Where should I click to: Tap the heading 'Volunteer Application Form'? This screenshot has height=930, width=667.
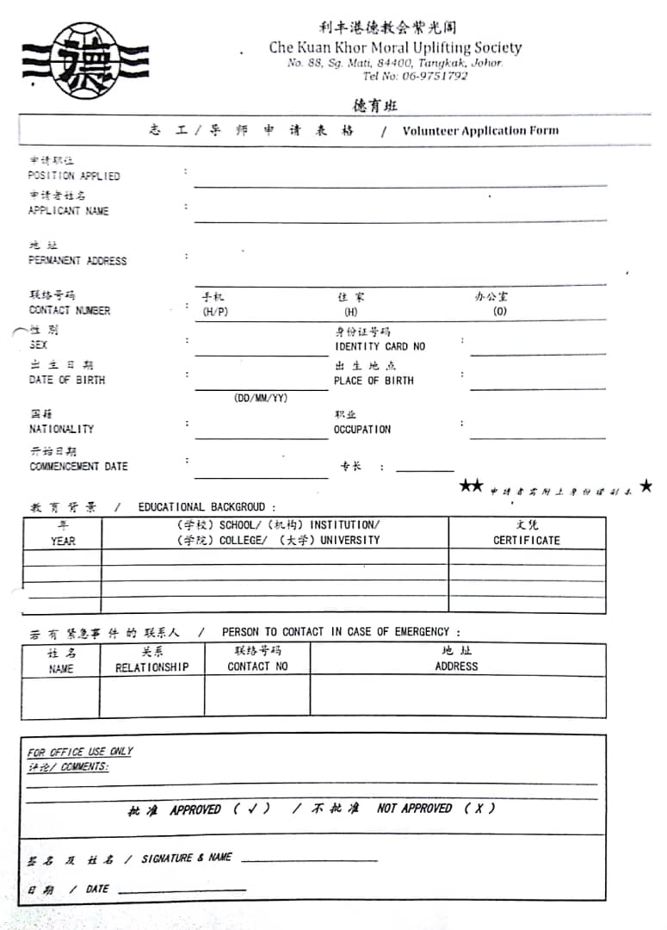click(x=480, y=131)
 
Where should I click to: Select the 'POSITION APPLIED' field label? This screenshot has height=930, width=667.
click(x=74, y=176)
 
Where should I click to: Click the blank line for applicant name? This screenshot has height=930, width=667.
click(x=400, y=219)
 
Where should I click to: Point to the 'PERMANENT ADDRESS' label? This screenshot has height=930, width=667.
click(x=77, y=260)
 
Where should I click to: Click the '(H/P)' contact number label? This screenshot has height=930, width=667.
click(x=215, y=312)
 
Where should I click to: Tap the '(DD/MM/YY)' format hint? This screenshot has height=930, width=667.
click(x=261, y=398)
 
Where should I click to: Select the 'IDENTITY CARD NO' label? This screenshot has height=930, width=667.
click(x=380, y=346)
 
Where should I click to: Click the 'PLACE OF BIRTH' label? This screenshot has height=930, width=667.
click(x=374, y=381)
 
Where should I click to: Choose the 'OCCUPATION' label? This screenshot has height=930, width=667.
click(x=361, y=429)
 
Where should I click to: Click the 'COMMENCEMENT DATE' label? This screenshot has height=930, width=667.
click(x=78, y=466)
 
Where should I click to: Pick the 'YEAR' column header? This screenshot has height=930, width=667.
click(x=63, y=541)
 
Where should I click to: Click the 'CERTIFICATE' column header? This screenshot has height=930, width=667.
click(x=526, y=540)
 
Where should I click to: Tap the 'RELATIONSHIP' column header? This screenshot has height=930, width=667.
click(x=151, y=666)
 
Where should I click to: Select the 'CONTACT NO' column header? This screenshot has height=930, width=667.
click(x=257, y=666)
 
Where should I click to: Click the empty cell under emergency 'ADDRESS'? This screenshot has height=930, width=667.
click(x=457, y=697)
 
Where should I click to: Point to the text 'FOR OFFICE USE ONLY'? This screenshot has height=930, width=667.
click(x=80, y=752)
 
